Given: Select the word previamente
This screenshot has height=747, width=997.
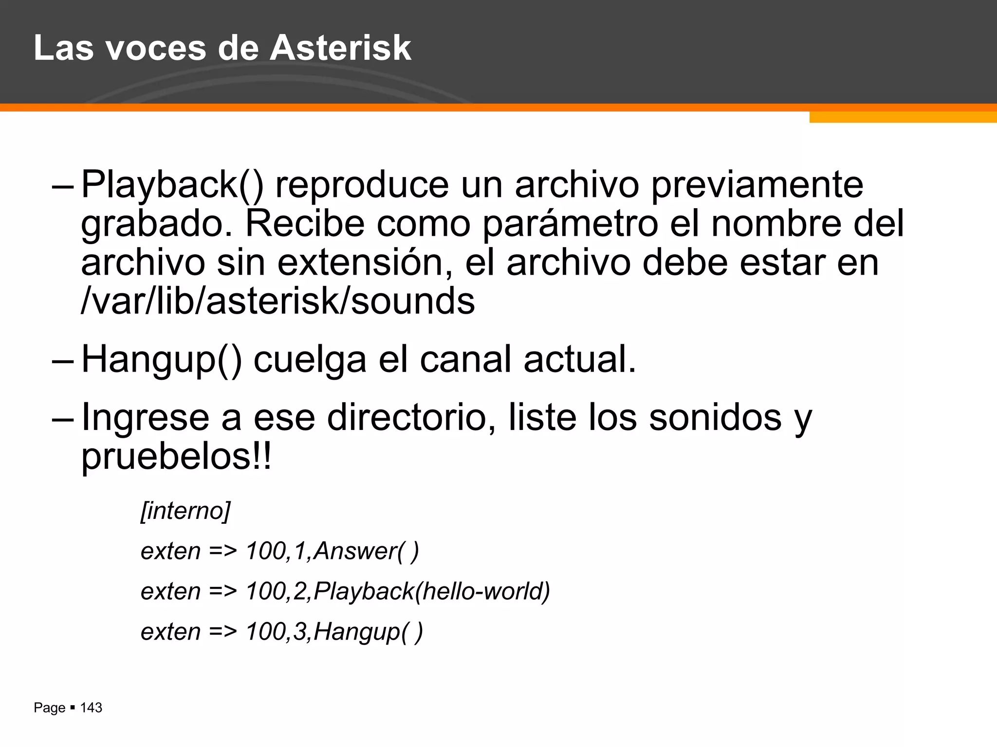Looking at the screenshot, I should (x=757, y=185).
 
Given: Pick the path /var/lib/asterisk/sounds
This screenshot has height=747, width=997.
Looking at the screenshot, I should (x=277, y=301).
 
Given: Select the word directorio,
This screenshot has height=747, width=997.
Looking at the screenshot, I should (x=411, y=418).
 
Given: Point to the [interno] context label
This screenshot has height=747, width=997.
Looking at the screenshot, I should (x=185, y=511).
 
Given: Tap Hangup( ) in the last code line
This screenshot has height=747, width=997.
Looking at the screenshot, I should (x=368, y=632).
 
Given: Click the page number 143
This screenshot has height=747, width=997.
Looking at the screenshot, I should (x=91, y=708).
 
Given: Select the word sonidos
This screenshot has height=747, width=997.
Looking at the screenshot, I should (x=715, y=418).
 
